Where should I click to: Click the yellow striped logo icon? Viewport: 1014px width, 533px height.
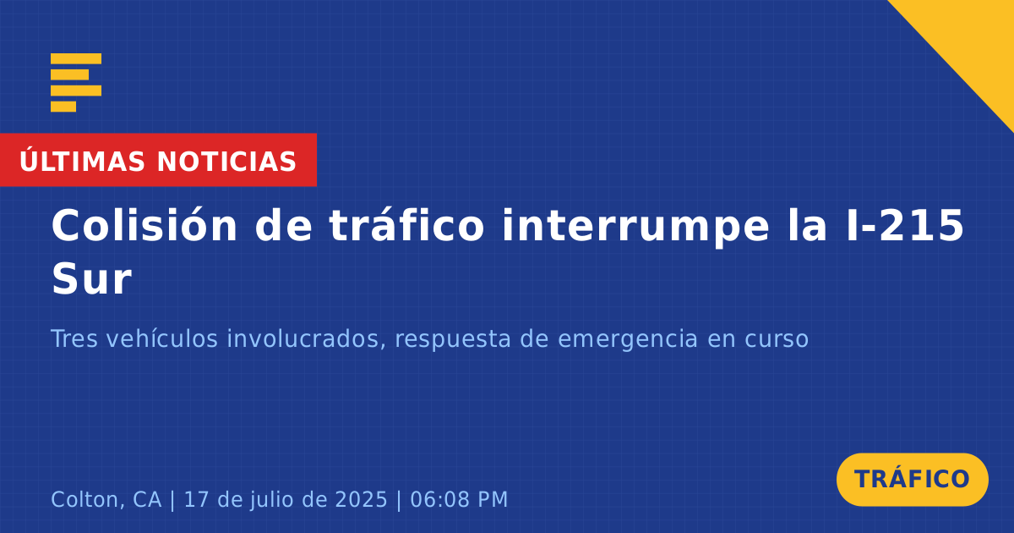tap(76, 83)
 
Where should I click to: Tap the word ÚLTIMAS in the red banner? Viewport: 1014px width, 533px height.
tap(82, 161)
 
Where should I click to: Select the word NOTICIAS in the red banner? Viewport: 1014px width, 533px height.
tap(226, 162)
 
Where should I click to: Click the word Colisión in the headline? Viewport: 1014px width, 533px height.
tap(144, 225)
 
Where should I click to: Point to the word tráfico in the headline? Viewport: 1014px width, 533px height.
tap(406, 225)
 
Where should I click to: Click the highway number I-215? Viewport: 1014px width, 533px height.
tap(905, 225)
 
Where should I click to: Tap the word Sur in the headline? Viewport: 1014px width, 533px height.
tap(92, 279)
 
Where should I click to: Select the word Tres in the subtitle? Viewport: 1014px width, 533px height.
tap(74, 338)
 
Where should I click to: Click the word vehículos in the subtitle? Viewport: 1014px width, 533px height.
tap(162, 338)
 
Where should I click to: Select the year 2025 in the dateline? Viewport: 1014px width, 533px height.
tap(362, 499)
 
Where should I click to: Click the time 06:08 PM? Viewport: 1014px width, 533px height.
tap(459, 499)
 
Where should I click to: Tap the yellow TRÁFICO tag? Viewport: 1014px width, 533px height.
tap(912, 480)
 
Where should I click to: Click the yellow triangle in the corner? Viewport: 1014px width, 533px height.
tap(973, 41)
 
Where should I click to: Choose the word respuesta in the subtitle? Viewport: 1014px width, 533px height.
tap(453, 340)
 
